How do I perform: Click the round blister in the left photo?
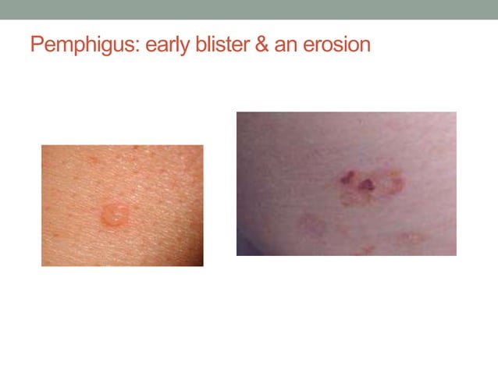point(115,213)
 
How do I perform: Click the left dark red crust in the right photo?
point(347,177)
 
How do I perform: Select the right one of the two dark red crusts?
point(365,184)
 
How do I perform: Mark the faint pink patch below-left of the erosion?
point(312,225)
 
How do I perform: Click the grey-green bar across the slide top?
point(249,9)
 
